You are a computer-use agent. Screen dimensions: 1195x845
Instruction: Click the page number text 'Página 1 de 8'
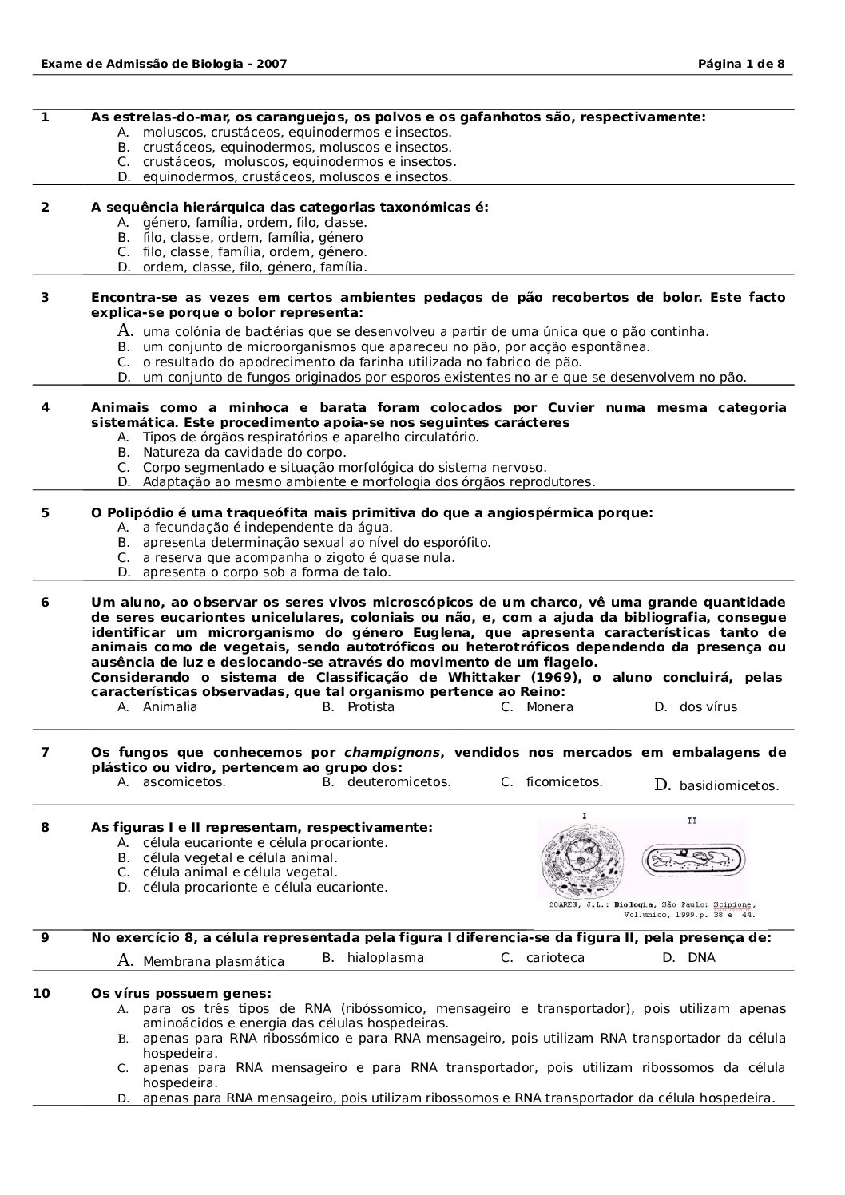click(x=741, y=64)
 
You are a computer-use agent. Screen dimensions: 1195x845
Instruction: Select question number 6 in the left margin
click(x=45, y=603)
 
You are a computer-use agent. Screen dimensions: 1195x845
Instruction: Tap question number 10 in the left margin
click(x=42, y=994)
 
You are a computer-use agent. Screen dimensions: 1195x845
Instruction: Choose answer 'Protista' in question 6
click(x=371, y=707)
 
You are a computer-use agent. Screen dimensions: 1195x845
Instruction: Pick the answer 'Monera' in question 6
click(x=549, y=707)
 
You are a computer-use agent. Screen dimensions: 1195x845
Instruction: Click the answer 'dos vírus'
click(x=708, y=707)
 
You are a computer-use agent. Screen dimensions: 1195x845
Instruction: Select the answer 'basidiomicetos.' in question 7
click(x=728, y=786)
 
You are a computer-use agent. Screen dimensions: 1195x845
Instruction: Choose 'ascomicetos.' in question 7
click(x=184, y=782)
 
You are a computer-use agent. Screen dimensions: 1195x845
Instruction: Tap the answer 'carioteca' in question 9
click(x=555, y=958)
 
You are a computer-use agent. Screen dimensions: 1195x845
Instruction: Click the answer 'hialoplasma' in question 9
click(x=386, y=958)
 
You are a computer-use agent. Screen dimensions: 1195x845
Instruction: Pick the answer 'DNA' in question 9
click(x=701, y=958)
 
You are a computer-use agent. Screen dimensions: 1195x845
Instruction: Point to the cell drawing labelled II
click(x=695, y=859)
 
